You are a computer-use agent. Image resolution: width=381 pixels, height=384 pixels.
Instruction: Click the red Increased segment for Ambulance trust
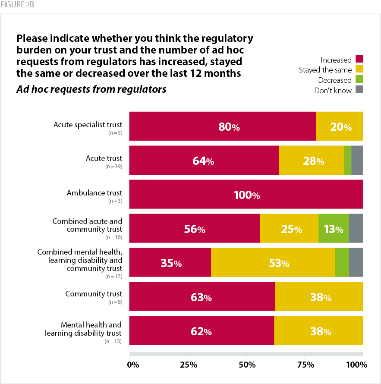(246, 194)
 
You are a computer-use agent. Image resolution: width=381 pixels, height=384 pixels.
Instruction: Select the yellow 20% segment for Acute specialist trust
(340, 126)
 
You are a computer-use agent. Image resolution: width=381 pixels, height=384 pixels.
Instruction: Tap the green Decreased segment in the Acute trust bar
(347, 160)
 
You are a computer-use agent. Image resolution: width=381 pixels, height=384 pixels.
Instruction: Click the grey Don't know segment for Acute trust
(357, 160)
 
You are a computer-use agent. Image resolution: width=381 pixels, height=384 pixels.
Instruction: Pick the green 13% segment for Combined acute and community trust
(334, 228)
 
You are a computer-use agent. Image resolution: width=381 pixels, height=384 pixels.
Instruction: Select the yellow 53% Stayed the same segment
(273, 262)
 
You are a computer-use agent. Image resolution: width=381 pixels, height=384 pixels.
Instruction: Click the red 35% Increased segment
(170, 262)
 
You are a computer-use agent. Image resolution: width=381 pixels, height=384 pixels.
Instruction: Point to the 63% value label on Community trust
(202, 297)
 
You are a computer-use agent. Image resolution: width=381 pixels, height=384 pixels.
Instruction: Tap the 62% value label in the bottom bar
(202, 332)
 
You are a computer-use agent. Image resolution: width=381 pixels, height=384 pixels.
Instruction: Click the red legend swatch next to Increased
(359, 60)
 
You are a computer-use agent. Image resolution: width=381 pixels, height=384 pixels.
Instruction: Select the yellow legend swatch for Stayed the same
(359, 69)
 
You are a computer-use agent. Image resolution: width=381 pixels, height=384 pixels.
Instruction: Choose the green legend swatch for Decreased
(359, 80)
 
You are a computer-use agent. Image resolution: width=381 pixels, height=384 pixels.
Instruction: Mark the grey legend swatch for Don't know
(359, 90)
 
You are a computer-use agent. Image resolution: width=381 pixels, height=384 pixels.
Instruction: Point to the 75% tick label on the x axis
(306, 365)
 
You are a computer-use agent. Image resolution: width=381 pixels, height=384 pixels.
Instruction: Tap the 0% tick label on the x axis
(133, 365)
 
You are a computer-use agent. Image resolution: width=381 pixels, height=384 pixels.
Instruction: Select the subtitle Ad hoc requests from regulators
(91, 90)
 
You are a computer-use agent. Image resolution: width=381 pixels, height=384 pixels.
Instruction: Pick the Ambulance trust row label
(94, 193)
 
